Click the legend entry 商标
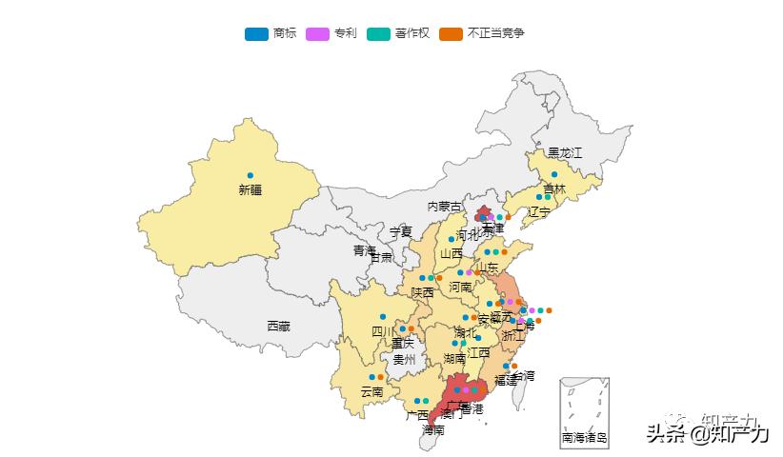pyautogui.click(x=271, y=33)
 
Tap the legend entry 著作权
pyautogui.click(x=398, y=33)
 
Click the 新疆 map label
pyautogui.click(x=250, y=190)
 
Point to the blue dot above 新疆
pyautogui.click(x=250, y=175)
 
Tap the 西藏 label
pyautogui.click(x=278, y=327)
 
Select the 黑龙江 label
pyautogui.click(x=564, y=153)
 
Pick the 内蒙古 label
pyautogui.click(x=444, y=207)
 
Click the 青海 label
pyautogui.click(x=365, y=250)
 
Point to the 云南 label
pyautogui.click(x=371, y=392)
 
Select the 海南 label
pyautogui.click(x=432, y=430)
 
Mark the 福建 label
pyautogui.click(x=506, y=380)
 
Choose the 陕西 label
pyautogui.click(x=422, y=292)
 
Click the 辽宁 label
pyautogui.click(x=538, y=212)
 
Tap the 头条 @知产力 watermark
pyautogui.click(x=707, y=433)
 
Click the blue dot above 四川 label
pyautogui.click(x=383, y=316)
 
